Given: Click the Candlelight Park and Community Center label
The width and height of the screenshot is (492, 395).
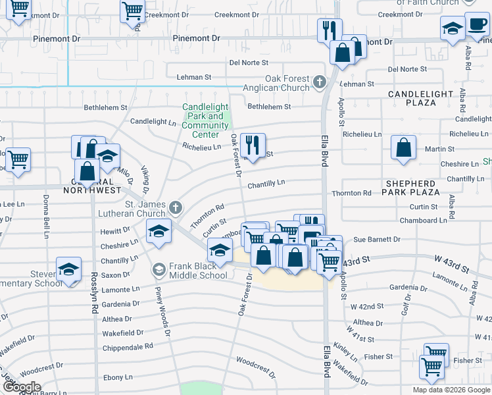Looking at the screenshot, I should point(205,120).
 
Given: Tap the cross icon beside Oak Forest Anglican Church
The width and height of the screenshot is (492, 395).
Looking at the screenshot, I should point(320,82).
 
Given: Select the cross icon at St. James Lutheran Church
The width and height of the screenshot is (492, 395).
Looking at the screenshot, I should point(175,208).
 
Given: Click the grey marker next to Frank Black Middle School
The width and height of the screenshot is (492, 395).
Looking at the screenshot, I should point(159,270).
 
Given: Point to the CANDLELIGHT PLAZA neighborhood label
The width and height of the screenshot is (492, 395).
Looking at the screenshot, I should point(421,98).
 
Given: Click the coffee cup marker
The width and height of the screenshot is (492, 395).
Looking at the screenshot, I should point(476,24).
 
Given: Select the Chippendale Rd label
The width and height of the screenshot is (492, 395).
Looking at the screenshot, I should point(128,346).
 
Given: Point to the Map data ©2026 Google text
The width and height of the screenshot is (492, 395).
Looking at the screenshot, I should point(451,390).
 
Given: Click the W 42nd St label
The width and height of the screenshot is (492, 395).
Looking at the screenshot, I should point(366,307).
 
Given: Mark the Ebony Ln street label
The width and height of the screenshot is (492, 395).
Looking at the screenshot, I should point(118,377).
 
